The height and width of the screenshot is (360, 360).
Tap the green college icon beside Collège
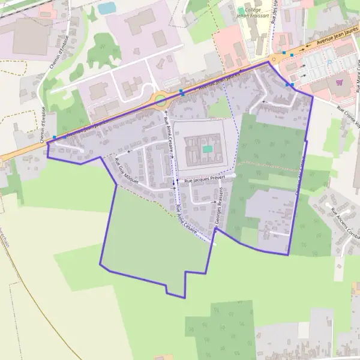click(241, 10)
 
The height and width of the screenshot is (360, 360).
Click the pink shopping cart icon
click(340, 83)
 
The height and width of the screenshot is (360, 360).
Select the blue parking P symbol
click(329, 62)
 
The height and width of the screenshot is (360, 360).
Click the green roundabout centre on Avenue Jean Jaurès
click(161, 100)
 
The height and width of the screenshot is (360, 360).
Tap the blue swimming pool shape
click(107, 8)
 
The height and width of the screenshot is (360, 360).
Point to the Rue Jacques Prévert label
click(204, 179)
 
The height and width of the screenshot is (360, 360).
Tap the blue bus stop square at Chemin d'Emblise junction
click(55, 137)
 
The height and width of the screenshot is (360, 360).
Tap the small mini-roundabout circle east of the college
click(276, 59)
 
